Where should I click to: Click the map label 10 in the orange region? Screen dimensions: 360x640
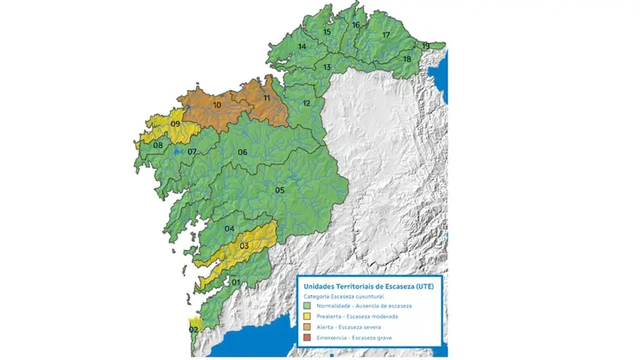point(217,105)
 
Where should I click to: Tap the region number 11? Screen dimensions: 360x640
point(267,99)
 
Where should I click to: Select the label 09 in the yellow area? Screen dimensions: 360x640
point(176,124)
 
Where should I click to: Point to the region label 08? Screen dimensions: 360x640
point(157,146)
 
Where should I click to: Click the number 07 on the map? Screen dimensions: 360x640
point(192,152)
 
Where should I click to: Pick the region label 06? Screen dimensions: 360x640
point(242,152)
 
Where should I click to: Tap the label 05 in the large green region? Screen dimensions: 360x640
point(280,191)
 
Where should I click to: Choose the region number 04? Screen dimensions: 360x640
point(229,229)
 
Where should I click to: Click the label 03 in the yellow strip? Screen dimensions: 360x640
point(244,246)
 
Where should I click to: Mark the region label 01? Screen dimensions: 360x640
point(236,282)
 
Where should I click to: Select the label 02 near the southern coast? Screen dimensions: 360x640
point(193,330)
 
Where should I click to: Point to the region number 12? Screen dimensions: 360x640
point(307,103)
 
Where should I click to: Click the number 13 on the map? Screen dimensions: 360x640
point(327,67)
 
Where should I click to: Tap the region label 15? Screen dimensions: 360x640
point(327,32)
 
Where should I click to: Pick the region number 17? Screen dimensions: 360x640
point(386,36)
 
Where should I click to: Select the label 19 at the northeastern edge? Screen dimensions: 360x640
point(426,46)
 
